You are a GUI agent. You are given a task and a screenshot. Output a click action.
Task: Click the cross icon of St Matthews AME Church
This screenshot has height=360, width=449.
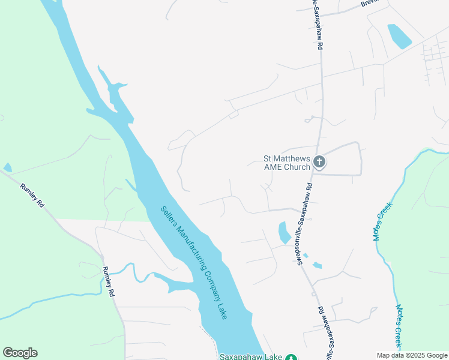[x=319, y=162]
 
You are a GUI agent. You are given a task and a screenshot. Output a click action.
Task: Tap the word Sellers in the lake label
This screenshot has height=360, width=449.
[x=170, y=217]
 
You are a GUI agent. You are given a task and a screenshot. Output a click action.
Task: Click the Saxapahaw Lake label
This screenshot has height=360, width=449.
[x=250, y=356]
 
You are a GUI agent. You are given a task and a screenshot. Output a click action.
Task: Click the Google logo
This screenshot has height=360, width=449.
[x=20, y=353]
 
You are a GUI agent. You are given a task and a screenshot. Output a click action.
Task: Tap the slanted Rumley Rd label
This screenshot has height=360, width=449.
[x=32, y=196]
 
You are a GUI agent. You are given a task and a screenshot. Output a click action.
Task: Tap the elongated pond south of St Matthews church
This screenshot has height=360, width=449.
[x=283, y=233]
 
